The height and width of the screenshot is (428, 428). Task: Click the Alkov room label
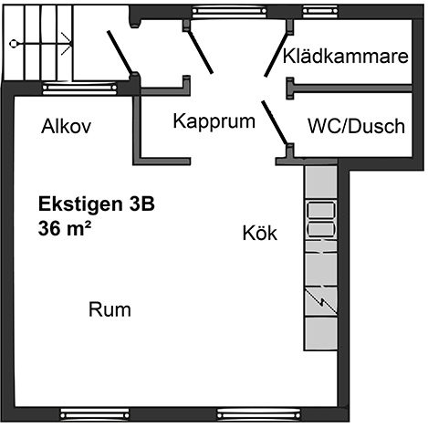pyautogui.click(x=67, y=126)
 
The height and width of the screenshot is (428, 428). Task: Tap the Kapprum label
pyautogui.click(x=214, y=121)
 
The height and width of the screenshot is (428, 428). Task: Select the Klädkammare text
pyautogui.click(x=346, y=57)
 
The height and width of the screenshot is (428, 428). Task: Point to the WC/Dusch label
pyautogui.click(x=356, y=126)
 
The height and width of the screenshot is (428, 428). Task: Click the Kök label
pyautogui.click(x=260, y=233)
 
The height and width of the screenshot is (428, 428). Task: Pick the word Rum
pyautogui.click(x=110, y=309)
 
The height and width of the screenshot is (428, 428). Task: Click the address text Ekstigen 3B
pyautogui.click(x=97, y=204)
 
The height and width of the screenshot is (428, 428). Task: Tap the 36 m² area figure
pyautogui.click(x=65, y=228)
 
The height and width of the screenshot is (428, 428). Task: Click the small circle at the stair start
pyautogui.click(x=14, y=44)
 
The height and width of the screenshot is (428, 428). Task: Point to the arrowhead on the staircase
pyautogui.click(x=67, y=44)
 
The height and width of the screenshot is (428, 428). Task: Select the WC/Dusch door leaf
pyautogui.click(x=274, y=121)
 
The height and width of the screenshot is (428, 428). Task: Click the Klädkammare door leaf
pyautogui.click(x=276, y=54)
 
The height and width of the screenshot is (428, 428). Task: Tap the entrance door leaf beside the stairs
pyautogui.click(x=120, y=52)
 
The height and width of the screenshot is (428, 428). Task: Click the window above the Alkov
pyautogui.click(x=79, y=89)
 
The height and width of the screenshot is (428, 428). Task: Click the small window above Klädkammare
pyautogui.click(x=320, y=12)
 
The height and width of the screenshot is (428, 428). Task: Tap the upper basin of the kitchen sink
pyautogui.click(x=321, y=210)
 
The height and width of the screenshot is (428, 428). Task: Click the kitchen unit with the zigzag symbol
pyautogui.click(x=321, y=301)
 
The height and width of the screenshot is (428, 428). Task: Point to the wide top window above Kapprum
pyautogui.click(x=229, y=12)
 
